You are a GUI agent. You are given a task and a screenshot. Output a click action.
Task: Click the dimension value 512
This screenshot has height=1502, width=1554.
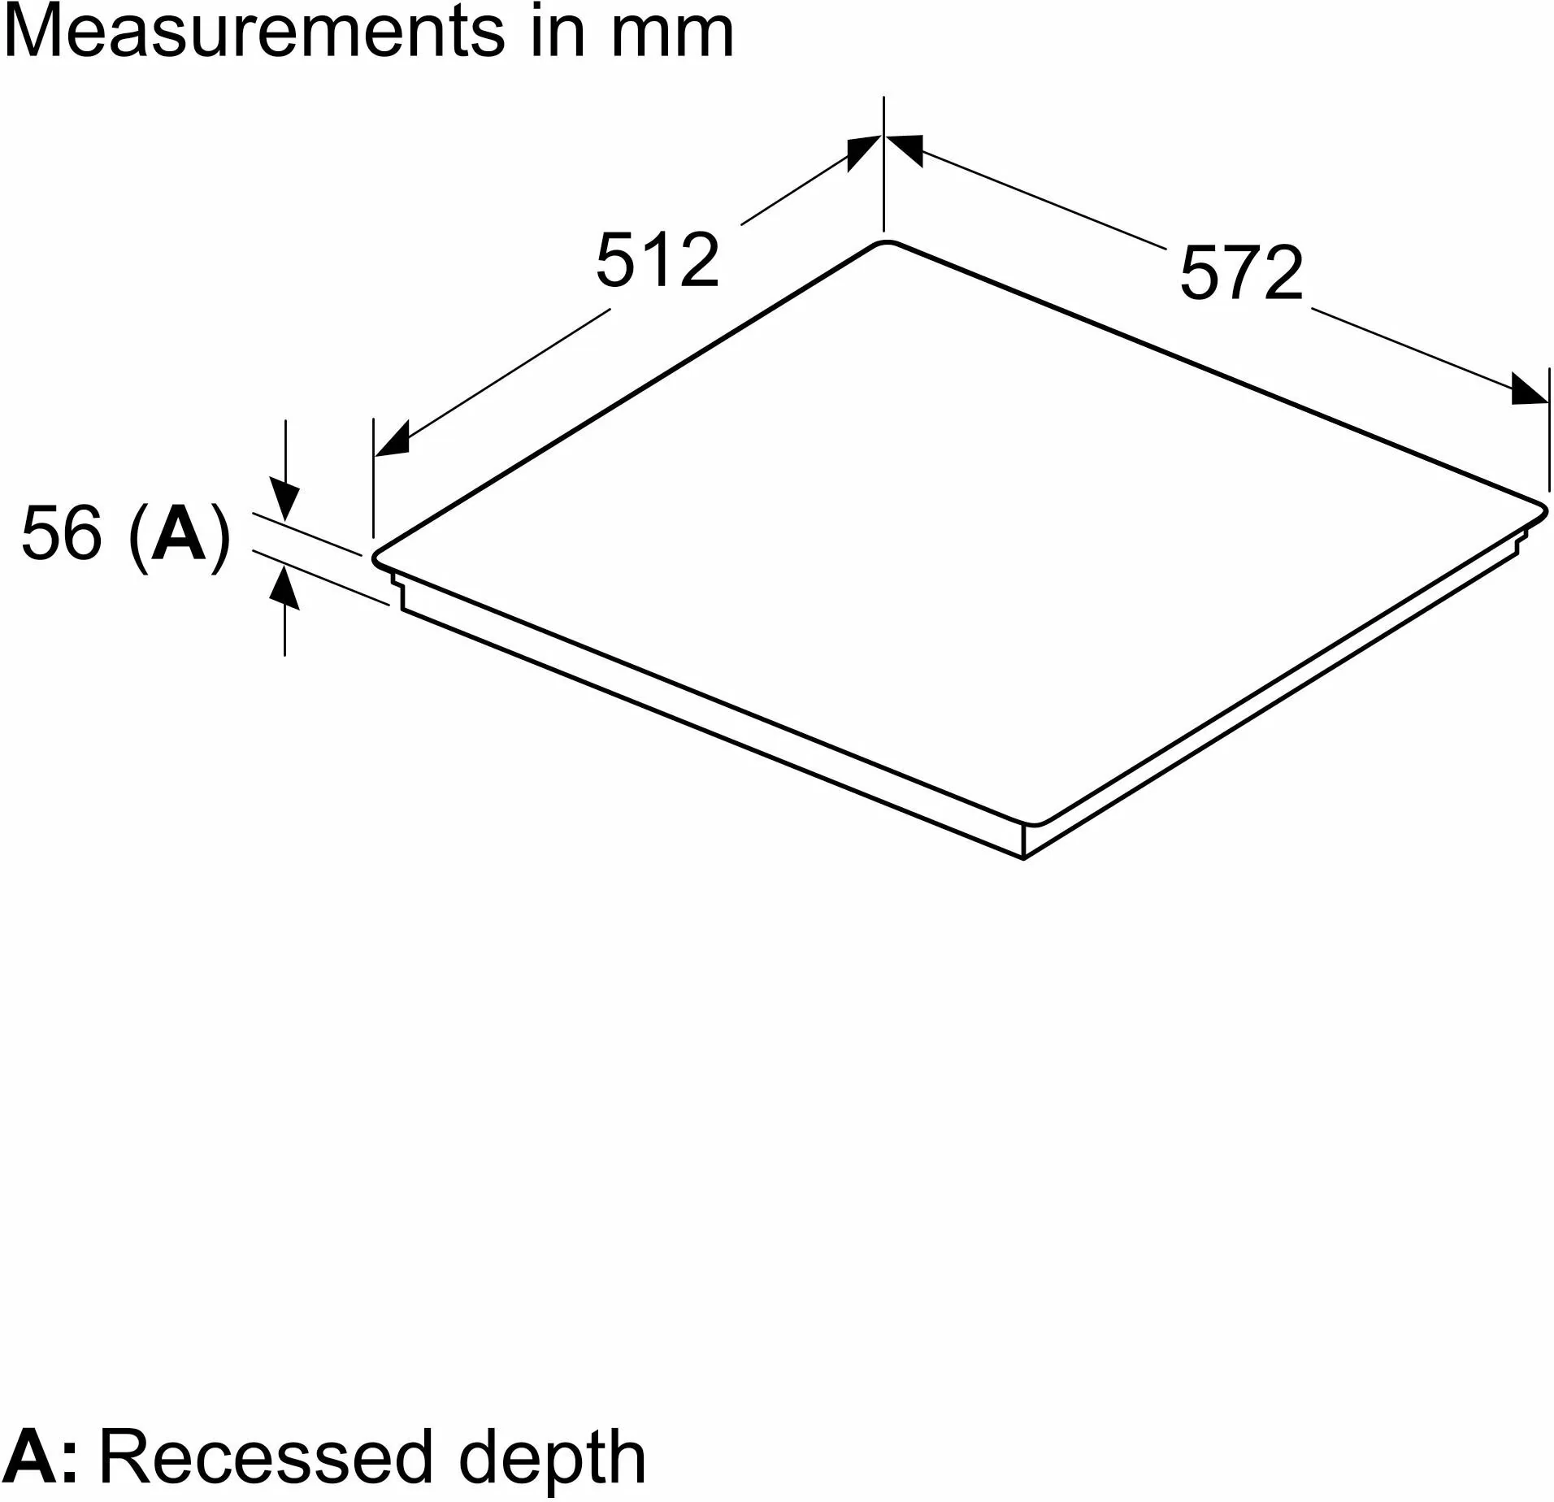tap(658, 260)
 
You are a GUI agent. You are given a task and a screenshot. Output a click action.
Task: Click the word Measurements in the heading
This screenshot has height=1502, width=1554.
tap(254, 33)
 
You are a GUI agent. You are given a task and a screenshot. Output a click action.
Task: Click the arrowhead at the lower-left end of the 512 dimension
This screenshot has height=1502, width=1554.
tap(391, 440)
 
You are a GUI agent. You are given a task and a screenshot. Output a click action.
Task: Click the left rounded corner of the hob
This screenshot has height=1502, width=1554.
tap(377, 558)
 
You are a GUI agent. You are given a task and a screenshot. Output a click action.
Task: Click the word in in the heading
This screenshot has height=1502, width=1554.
tap(558, 33)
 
